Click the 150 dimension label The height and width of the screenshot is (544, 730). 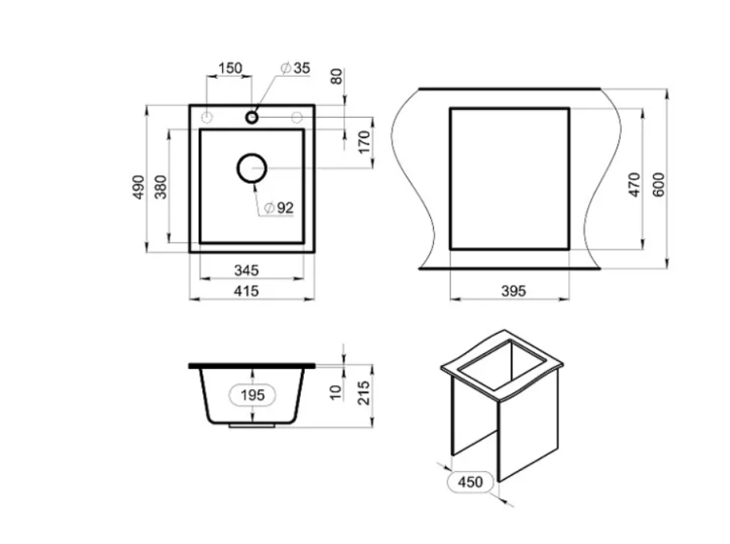[x=231, y=68]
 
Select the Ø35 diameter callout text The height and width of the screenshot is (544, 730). [x=295, y=68]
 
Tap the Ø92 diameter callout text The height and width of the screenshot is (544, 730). [x=279, y=208]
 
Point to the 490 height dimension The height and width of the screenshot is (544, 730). [x=139, y=187]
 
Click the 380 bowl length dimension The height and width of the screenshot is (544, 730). [x=161, y=187]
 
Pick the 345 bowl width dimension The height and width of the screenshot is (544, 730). [x=246, y=271]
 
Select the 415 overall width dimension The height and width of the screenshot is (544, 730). [x=246, y=291]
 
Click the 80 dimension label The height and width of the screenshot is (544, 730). [x=337, y=76]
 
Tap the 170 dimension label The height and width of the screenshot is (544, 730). [x=365, y=142]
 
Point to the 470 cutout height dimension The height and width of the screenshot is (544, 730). [x=635, y=184]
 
